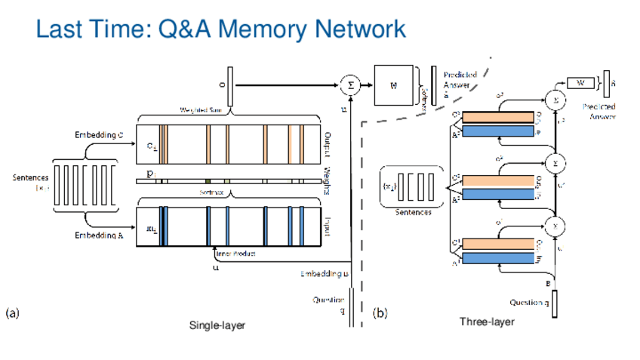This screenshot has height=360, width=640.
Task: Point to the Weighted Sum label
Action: [199, 110]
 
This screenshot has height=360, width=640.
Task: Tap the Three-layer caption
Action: [487, 322]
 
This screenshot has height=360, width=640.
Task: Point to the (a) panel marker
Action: [13, 312]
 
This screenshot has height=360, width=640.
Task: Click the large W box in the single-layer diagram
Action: [393, 85]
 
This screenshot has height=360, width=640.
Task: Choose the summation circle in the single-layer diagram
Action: [349, 85]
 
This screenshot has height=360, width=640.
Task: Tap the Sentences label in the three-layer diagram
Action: [412, 213]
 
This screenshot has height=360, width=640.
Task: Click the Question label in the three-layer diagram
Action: [527, 303]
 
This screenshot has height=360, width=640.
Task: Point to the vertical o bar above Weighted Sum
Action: [231, 86]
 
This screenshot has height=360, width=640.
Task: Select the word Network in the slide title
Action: [361, 29]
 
